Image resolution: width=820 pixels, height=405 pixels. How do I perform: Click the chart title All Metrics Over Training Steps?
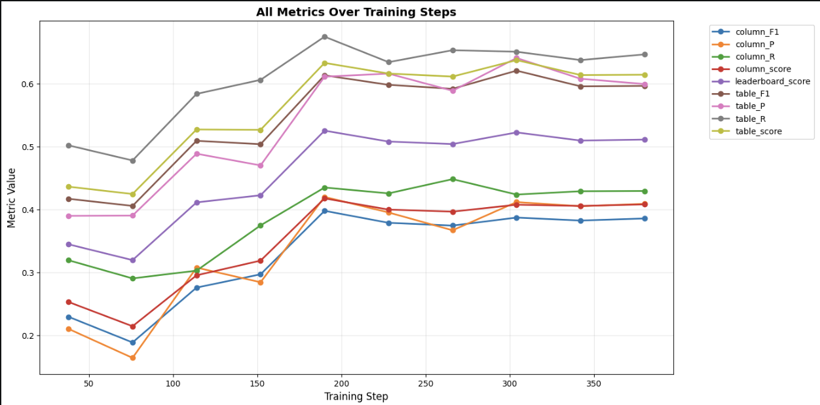click(x=356, y=12)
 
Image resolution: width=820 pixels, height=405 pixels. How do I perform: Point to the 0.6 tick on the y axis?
click(x=28, y=85)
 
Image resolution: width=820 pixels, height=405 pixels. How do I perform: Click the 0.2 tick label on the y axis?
click(x=28, y=336)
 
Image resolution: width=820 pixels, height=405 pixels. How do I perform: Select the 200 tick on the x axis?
click(x=341, y=384)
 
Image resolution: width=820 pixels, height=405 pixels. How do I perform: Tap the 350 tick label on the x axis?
click(x=594, y=384)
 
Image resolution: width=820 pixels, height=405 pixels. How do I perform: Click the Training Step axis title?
click(x=356, y=396)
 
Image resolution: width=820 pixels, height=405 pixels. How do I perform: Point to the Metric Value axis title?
click(x=11, y=198)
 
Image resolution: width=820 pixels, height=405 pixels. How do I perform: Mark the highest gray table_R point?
click(x=325, y=37)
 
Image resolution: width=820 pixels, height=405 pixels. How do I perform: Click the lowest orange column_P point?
click(x=133, y=358)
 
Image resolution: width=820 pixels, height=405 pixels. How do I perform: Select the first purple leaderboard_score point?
click(x=69, y=244)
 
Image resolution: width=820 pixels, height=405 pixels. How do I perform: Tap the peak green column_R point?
click(x=453, y=179)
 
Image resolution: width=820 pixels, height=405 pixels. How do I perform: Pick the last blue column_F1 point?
click(x=644, y=219)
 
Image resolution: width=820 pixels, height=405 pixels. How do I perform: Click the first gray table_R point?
click(x=69, y=145)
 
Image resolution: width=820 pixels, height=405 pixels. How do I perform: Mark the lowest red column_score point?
click(x=133, y=326)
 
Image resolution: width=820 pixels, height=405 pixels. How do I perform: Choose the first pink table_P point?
click(x=69, y=216)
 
